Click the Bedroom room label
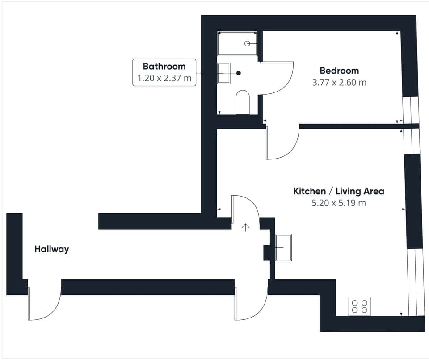pos(339,71)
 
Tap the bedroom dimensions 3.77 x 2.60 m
pos(339,83)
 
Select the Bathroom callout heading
pos(164,67)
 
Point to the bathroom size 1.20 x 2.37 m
pos(164,79)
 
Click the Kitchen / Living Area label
pos(339,192)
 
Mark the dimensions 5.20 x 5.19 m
pos(339,203)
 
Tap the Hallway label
pos(52,249)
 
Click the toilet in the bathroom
pos(243,102)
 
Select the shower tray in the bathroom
pos(237,43)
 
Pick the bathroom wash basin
pos(223,73)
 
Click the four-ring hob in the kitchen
pos(359,306)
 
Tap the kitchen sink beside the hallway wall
pos(283,247)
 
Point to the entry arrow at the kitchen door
pos(245,226)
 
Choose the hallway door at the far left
pos(44,304)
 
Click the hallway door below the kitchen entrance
pos(251,304)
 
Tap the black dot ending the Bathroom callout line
pos(239,73)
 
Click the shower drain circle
pos(247,43)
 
